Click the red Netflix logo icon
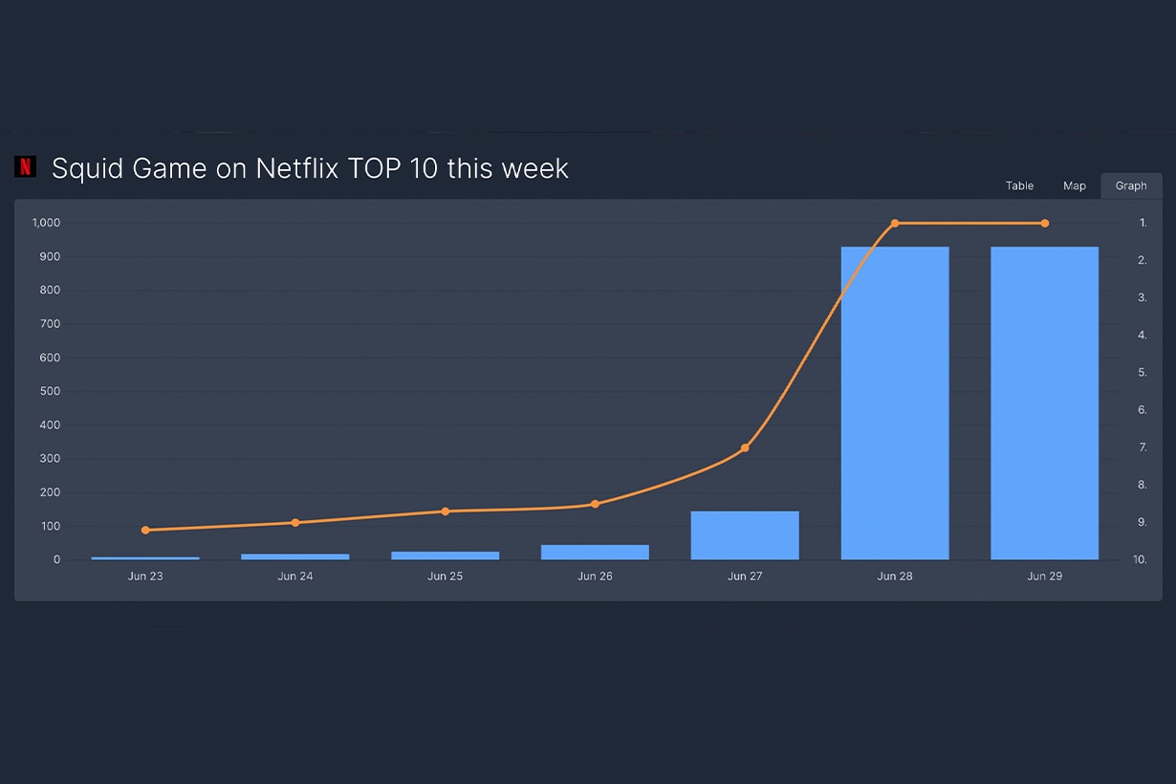coord(25,166)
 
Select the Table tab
coord(1019,185)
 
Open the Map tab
coord(1075,185)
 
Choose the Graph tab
coord(1131,185)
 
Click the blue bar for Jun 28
coord(895,403)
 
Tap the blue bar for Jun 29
coord(1044,403)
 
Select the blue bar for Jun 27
coord(745,535)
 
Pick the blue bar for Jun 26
coord(595,552)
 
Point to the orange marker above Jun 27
coord(745,447)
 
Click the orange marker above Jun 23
coord(145,530)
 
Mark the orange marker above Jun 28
coord(895,223)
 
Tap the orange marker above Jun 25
coord(446,512)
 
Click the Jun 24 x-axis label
coord(294,577)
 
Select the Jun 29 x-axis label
coord(1044,577)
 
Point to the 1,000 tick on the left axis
coord(46,223)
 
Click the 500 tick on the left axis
coord(50,391)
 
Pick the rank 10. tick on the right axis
coord(1140,559)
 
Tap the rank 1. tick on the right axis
coord(1143,223)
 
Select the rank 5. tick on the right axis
coord(1143,372)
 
